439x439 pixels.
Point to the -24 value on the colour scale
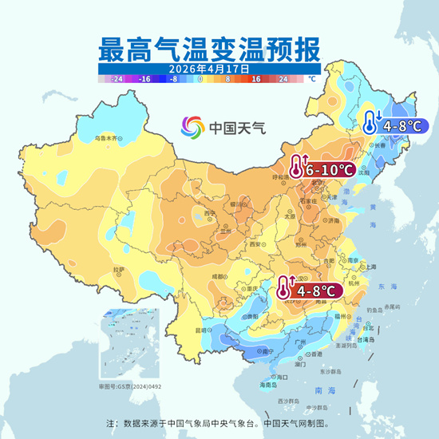(x=117, y=80)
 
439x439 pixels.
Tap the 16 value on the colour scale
(x=257, y=80)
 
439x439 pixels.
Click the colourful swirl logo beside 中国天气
(x=192, y=126)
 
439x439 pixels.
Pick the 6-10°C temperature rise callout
(x=323, y=169)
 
